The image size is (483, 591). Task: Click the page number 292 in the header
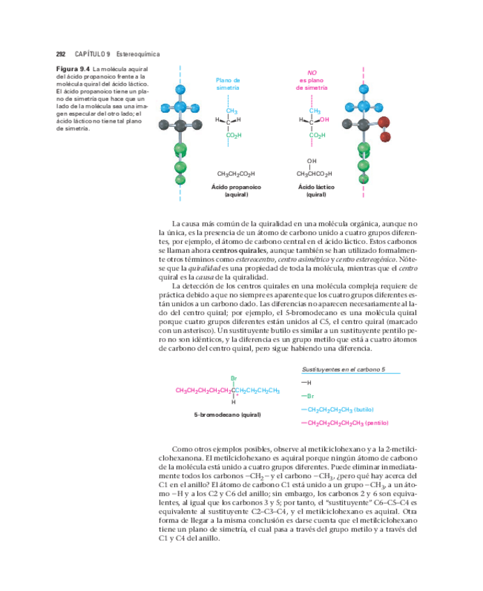tap(61, 54)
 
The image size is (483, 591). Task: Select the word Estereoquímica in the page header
tap(139, 54)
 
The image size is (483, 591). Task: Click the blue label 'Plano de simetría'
tap(228, 84)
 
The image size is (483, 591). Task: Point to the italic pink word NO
tap(312, 72)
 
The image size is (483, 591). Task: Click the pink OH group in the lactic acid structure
tap(324, 120)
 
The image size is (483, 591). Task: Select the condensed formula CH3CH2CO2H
tap(236, 174)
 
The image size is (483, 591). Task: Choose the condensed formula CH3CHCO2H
tap(314, 174)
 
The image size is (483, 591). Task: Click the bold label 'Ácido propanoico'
tap(236, 187)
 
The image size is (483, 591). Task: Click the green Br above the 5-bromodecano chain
tap(233, 378)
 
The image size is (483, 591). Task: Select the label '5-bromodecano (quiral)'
tap(227, 415)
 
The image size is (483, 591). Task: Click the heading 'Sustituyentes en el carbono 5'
tap(344, 369)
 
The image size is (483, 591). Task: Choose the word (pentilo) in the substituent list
tap(375, 423)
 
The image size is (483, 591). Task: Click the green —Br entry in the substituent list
tap(308, 396)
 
